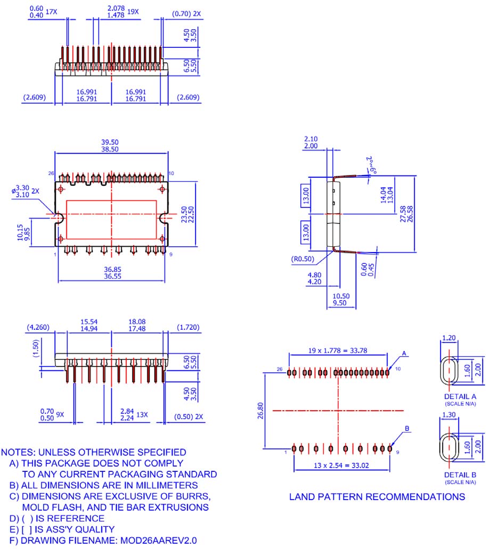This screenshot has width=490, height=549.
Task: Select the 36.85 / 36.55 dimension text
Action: [x=111, y=274]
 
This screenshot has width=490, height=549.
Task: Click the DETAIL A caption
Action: [x=459, y=397]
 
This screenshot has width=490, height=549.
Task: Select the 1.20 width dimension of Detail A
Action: [x=448, y=338]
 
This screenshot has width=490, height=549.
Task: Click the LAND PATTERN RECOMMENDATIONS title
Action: [x=377, y=497]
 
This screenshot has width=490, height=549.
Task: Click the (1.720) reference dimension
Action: [x=189, y=328]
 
